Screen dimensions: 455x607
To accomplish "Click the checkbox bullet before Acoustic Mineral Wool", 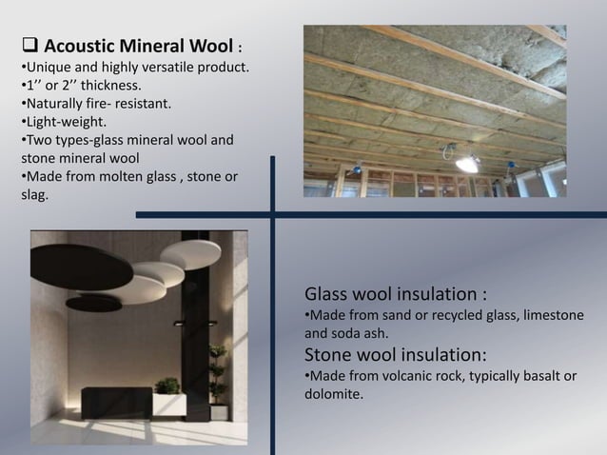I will [29, 46].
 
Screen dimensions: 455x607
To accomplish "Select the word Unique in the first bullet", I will [47, 68].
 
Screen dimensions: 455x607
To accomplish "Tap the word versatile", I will [163, 68].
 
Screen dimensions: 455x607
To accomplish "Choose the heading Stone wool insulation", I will [396, 354].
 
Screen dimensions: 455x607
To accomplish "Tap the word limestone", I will [547, 315].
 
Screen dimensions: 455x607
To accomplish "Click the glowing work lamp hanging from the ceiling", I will [466, 163].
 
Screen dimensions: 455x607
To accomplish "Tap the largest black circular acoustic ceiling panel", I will [80, 268].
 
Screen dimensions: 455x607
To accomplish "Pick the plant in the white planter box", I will [168, 387].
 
